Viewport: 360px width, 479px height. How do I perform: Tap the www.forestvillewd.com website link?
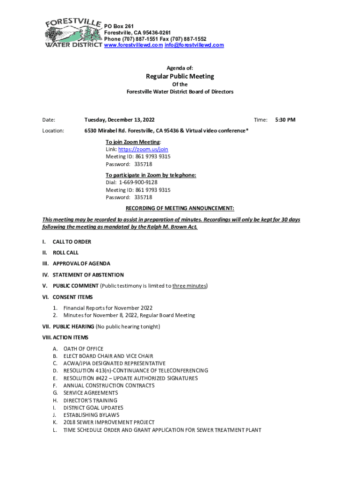tap(133, 45)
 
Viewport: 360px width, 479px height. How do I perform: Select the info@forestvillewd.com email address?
tap(194, 45)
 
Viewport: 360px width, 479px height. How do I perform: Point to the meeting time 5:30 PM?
tap(285, 120)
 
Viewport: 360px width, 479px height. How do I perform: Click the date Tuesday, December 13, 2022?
tap(119, 120)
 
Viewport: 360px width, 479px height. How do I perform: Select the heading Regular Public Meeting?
tap(180, 76)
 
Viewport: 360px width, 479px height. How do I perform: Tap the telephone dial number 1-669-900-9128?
tap(138, 183)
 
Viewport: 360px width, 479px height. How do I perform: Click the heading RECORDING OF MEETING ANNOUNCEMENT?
tap(180, 208)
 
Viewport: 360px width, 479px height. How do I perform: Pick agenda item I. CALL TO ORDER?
tap(72, 242)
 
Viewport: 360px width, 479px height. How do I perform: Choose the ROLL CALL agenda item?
tap(65, 253)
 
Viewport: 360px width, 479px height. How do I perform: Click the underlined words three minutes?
tap(189, 286)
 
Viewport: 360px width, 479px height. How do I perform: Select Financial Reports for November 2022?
tap(108, 308)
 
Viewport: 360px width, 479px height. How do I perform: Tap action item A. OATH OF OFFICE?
tap(83, 349)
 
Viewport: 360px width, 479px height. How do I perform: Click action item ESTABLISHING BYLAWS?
tap(91, 415)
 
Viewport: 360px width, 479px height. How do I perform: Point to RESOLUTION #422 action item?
tap(130, 378)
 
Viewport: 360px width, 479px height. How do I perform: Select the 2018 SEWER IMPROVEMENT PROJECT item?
tap(109, 422)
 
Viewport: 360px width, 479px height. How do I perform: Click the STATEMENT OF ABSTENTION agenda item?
tap(88, 275)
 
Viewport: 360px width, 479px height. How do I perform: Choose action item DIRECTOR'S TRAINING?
tap(90, 400)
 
